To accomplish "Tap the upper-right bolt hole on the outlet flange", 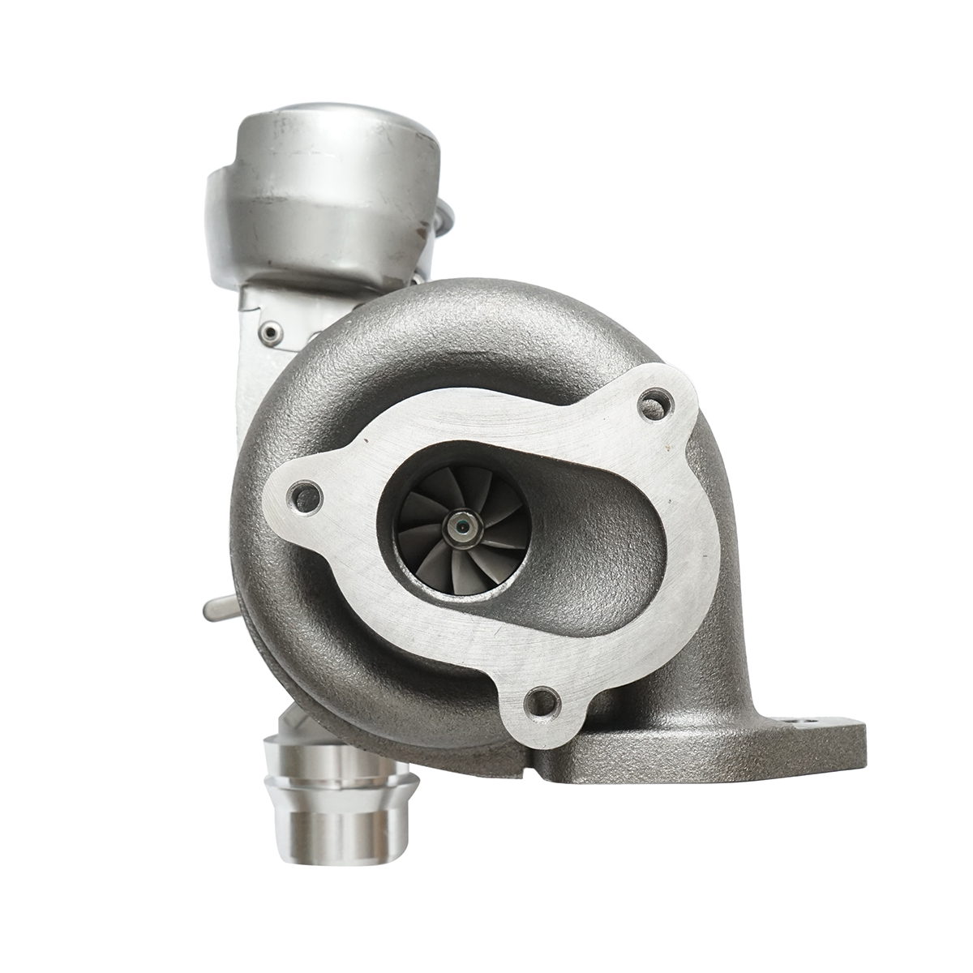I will pos(657,403).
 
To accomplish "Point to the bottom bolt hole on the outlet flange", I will pos(542,702).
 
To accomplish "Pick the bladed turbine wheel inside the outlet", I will pos(461,531).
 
